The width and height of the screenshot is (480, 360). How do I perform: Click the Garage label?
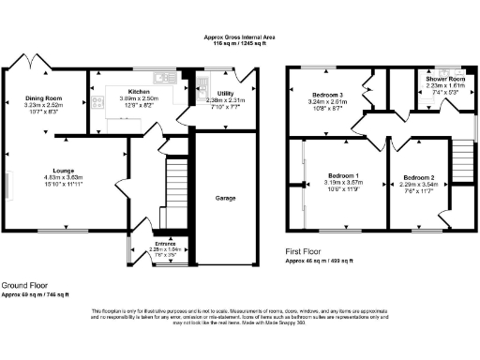coord(225,199)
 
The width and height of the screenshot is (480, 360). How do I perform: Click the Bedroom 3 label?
coord(328,95)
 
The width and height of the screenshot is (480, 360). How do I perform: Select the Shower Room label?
coord(446,78)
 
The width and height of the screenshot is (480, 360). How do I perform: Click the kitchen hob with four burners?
coord(98,102)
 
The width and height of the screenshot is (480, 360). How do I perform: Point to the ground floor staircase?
coord(173,187)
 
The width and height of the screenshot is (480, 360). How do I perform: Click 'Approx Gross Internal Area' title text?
coord(240,37)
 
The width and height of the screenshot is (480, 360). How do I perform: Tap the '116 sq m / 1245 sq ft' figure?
coord(240,43)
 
